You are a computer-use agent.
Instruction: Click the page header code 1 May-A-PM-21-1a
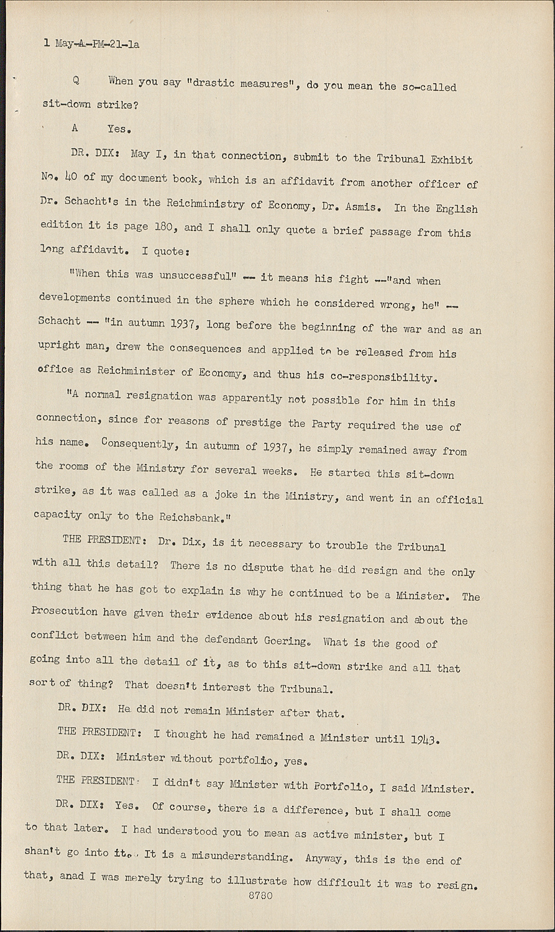(91, 44)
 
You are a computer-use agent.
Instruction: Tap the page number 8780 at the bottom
(260, 897)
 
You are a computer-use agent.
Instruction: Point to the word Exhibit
(451, 160)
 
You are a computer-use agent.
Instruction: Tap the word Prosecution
(64, 611)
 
